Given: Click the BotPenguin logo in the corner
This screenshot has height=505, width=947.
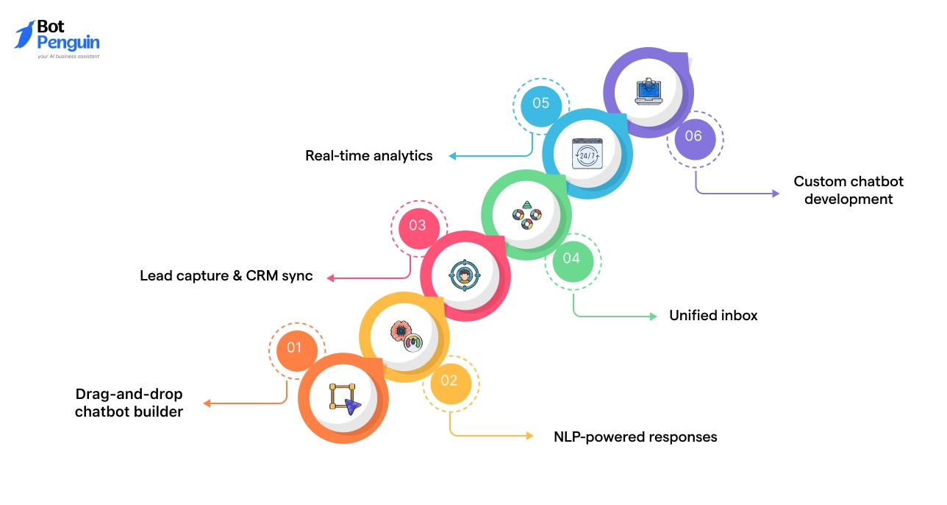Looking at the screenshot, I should coord(57,38).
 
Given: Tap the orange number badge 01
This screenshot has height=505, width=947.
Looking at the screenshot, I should coord(294,347).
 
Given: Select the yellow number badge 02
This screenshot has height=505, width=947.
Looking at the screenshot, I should coord(449,381).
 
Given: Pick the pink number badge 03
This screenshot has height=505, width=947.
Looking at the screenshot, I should coord(418,225).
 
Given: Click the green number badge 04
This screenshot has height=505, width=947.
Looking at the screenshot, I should coord(571,258).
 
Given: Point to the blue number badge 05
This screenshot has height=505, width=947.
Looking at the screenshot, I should coord(540,104).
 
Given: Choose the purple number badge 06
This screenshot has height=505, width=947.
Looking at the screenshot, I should coord(693,136).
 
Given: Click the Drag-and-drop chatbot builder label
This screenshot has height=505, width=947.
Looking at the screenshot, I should coord(129,403).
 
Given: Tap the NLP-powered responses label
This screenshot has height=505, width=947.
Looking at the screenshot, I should coord(635,437).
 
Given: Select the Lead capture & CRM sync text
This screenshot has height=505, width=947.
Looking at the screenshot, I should coord(226,276).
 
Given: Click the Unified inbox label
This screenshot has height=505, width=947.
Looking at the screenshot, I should coord(712,315).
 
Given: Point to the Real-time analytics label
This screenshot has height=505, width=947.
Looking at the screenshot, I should coord(369,155).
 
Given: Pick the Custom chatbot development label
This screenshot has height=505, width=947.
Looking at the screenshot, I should coord(848,190).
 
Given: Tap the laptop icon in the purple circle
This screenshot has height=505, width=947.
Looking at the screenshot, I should coord(648,92).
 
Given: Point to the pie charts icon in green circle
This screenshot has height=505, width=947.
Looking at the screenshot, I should coord(526,214).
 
